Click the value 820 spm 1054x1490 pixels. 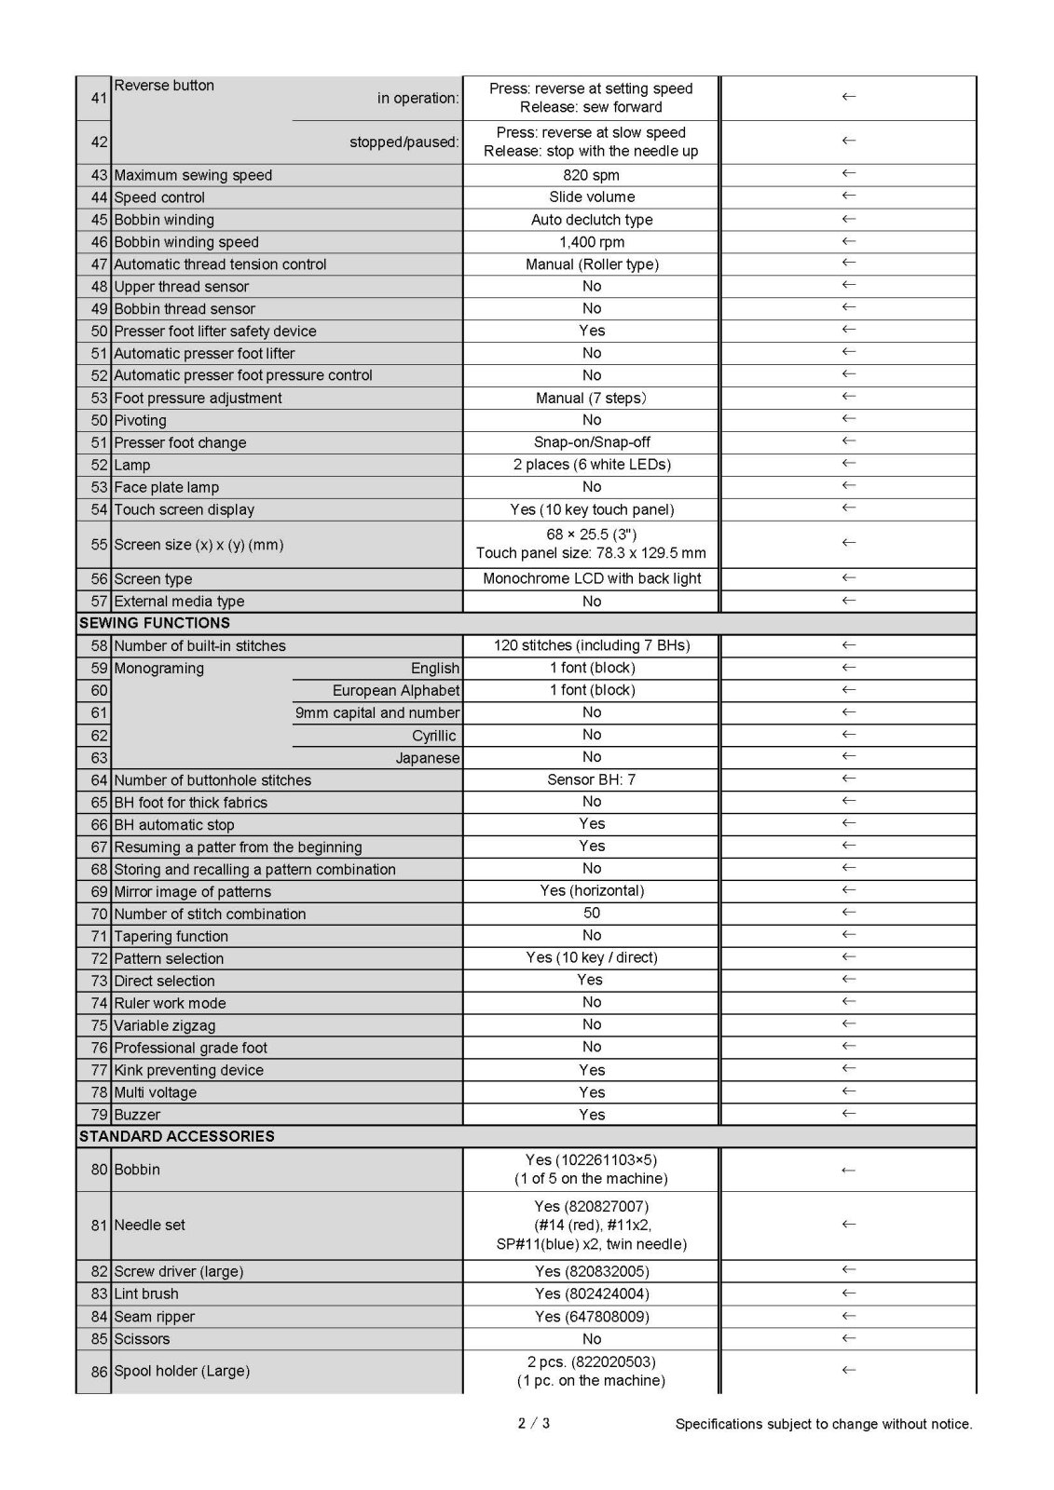pos(591,175)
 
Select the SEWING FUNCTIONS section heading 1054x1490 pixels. pos(155,623)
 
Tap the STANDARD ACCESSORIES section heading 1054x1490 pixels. pos(176,1136)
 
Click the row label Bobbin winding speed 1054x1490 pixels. pos(186,242)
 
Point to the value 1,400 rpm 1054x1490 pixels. pos(591,242)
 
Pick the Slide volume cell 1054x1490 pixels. pos(591,197)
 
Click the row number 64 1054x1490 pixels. pos(99,780)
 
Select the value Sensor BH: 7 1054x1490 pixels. pos(591,779)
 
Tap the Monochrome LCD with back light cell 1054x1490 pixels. pos(591,578)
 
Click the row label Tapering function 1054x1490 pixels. pos(171,936)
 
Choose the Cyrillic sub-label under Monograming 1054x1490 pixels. pos(433,736)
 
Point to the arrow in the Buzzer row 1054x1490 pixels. pos(848,1114)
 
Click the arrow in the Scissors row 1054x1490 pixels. pos(848,1338)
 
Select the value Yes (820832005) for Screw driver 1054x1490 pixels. pos(591,1271)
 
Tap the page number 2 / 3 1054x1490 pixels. pos(533,1423)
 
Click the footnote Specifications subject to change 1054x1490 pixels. pos(823,1424)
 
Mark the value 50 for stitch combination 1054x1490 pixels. pos(591,914)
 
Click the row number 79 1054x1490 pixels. pos(99,1115)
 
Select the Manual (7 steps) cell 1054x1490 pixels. pos(591,399)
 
